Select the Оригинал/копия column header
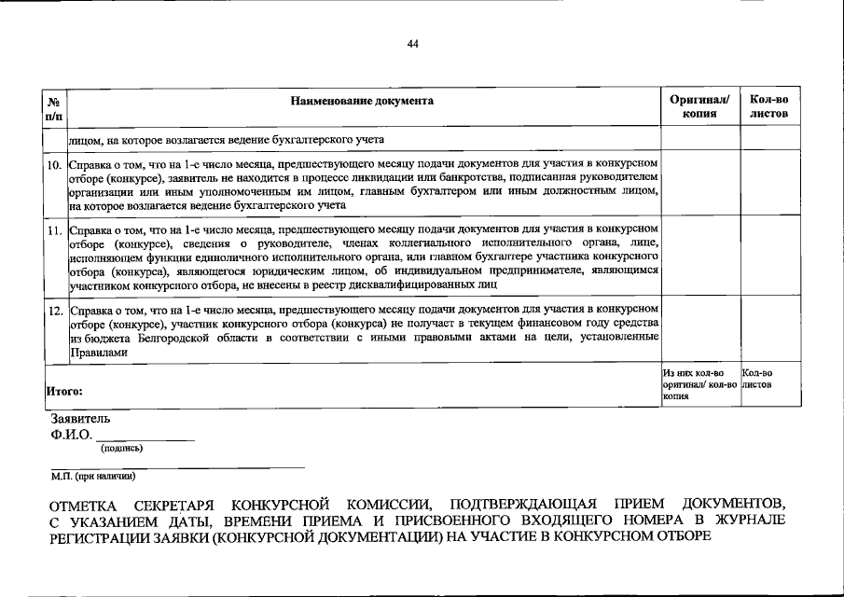699,106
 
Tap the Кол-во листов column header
768,106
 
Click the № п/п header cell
54,106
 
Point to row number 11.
55,229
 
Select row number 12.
55,309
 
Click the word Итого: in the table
64,392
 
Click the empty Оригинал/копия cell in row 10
699,183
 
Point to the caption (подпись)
121,449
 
